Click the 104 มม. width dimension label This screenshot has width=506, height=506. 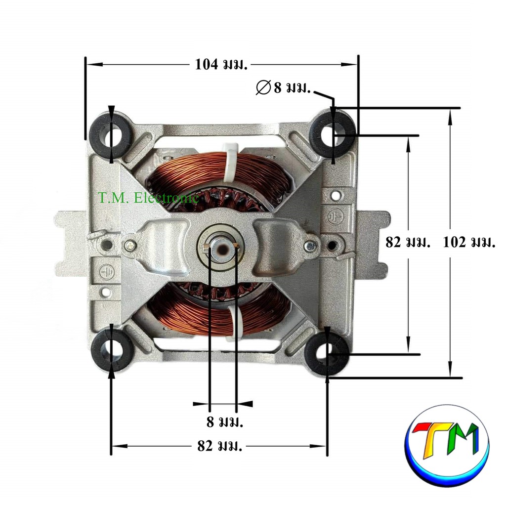click(x=221, y=65)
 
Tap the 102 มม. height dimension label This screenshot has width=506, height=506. click(x=469, y=242)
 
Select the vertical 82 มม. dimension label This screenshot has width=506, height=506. click(x=408, y=242)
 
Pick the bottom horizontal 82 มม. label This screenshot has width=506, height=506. click(x=220, y=446)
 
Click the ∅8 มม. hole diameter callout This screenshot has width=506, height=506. click(x=283, y=87)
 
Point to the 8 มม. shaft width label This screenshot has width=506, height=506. click(x=225, y=422)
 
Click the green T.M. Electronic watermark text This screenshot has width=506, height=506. click(x=148, y=198)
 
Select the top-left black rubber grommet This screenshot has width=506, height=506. click(x=111, y=134)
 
